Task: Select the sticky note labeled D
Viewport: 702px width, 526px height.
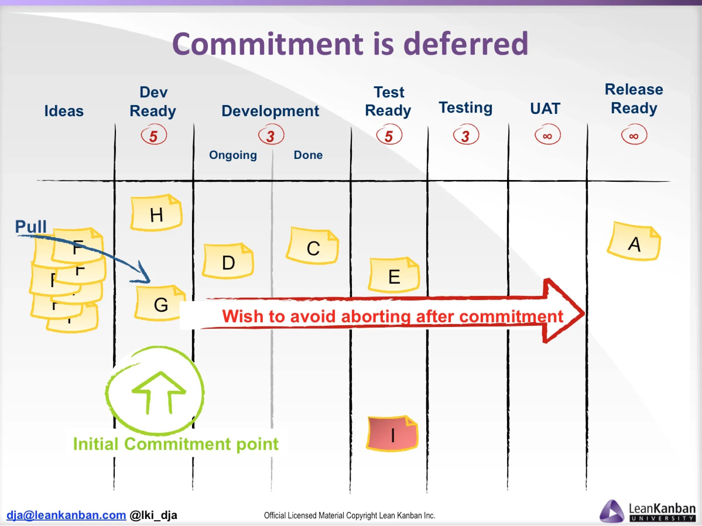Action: (228, 262)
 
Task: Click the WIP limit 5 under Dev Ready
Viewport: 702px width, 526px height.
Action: (154, 136)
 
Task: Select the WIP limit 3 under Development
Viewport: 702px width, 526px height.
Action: (271, 136)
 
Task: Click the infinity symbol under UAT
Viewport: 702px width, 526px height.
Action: (547, 136)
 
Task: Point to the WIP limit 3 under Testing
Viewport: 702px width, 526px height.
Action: (465, 136)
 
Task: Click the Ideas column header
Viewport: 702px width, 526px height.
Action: (64, 111)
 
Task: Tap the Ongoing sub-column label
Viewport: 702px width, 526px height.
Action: (233, 155)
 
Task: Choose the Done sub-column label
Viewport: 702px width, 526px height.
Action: (308, 155)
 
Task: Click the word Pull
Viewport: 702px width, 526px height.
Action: (31, 227)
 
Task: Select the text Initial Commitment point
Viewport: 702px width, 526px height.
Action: (176, 444)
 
